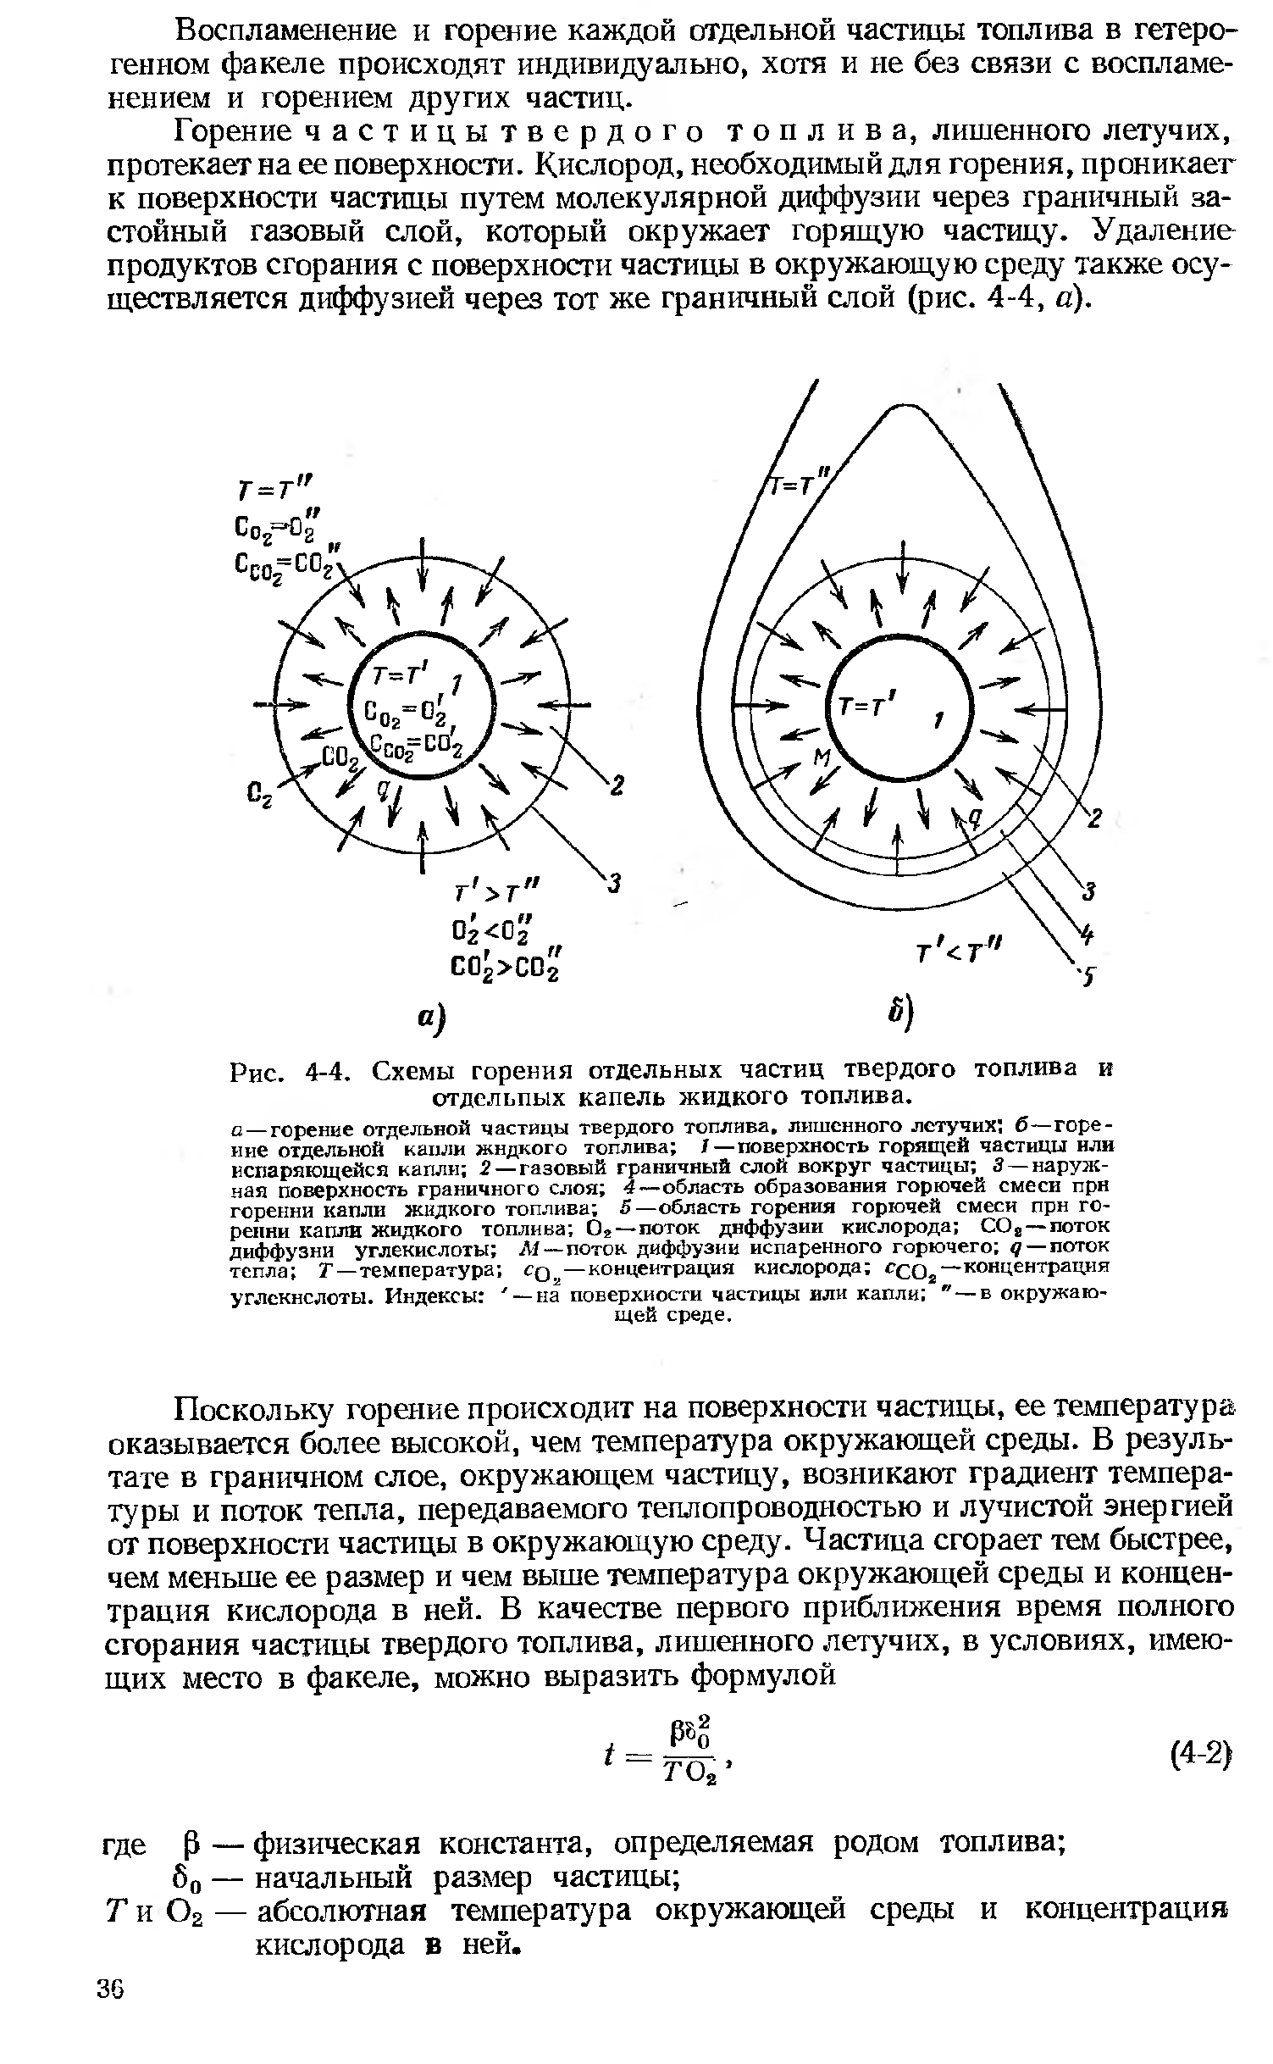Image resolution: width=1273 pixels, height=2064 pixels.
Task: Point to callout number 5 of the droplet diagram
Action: click(1092, 976)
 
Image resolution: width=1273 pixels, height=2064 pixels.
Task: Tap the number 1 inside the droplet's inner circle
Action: click(938, 720)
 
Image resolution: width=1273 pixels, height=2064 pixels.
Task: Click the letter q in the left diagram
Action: click(383, 789)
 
